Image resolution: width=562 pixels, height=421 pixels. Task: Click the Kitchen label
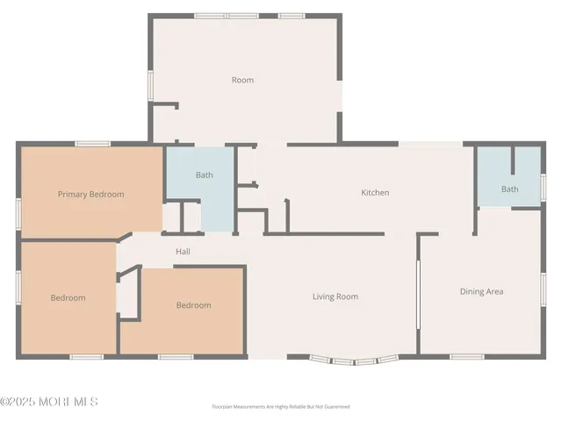click(x=375, y=192)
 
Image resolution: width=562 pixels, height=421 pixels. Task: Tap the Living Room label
click(x=335, y=296)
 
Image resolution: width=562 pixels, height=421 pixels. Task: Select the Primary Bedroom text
click(x=90, y=194)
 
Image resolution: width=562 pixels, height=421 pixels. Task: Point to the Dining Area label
click(x=481, y=291)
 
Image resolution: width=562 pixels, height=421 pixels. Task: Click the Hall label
click(x=183, y=252)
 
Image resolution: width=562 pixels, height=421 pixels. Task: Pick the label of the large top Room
click(x=242, y=80)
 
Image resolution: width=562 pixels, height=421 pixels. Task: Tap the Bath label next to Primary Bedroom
click(x=204, y=175)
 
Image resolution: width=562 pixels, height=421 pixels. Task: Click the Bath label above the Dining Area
click(x=509, y=189)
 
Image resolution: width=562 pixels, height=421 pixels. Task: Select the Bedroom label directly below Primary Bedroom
click(x=68, y=297)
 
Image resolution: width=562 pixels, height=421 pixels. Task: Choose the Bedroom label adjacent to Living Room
click(x=193, y=305)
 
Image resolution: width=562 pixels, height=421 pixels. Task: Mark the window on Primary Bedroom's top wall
click(x=91, y=143)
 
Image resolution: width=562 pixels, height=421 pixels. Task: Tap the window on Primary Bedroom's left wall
click(x=18, y=213)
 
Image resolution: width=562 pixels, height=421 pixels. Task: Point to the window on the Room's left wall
click(x=150, y=85)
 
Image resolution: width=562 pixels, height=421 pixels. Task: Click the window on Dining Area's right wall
click(x=544, y=289)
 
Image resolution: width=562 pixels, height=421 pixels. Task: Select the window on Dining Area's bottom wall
click(x=467, y=356)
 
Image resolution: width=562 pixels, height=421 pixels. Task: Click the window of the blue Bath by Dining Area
click(x=544, y=187)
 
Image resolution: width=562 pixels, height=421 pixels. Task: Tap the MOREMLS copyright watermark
click(x=49, y=402)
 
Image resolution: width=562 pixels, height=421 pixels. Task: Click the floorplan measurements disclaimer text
click(x=281, y=407)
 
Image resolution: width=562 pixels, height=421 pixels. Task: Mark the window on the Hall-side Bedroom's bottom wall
click(x=176, y=356)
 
